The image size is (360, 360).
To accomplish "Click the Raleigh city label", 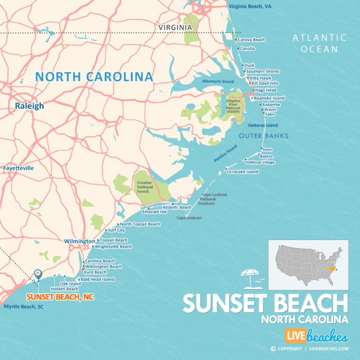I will click(x=29, y=106).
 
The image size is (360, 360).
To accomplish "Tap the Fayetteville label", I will click(x=18, y=168).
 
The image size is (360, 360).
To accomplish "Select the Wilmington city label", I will click(x=79, y=241).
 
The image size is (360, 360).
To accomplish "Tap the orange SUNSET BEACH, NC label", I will click(x=60, y=297).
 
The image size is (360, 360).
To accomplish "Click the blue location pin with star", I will click(x=38, y=273).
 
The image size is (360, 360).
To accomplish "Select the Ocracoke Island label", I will click(x=242, y=172).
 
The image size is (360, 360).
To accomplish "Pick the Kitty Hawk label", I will click(x=260, y=78).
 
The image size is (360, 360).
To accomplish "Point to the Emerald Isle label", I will click(x=154, y=211).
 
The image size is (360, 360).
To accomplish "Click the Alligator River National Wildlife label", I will click(x=233, y=106).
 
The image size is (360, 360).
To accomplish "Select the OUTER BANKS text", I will click(x=263, y=136).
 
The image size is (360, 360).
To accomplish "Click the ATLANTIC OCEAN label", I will click(x=319, y=43).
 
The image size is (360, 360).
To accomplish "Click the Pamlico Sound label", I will click(x=226, y=156).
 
